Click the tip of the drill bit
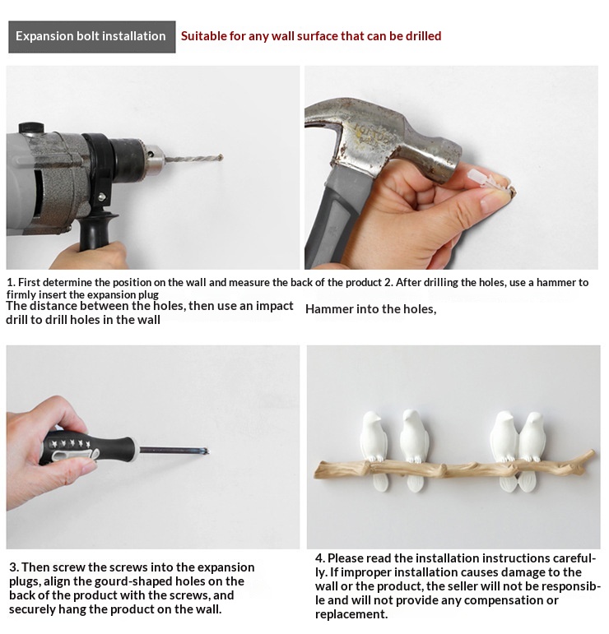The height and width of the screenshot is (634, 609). (x=221, y=156)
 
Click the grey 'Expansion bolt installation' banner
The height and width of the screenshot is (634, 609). (x=92, y=37)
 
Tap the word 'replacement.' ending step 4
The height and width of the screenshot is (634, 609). (x=351, y=614)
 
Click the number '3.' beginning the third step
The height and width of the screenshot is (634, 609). (x=14, y=567)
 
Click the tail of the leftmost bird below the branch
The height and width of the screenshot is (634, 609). (x=381, y=482)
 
